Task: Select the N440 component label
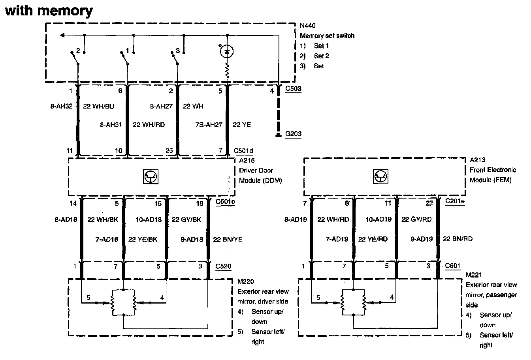pos(307,26)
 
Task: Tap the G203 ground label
pos(293,134)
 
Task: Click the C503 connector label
pos(293,89)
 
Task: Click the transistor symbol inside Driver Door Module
pos(151,177)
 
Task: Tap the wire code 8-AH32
pos(62,106)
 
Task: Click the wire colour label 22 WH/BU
pos(98,106)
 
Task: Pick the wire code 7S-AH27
pos(209,125)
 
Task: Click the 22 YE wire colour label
pos(242,125)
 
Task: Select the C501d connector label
pos(244,150)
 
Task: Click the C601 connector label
pos(453,266)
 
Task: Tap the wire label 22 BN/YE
pos(228,239)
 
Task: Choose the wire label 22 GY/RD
pos(416,220)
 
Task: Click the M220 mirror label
pos(246,281)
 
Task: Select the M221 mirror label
pos(474,275)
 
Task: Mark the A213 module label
pos(478,160)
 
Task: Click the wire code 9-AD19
pos(422,239)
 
